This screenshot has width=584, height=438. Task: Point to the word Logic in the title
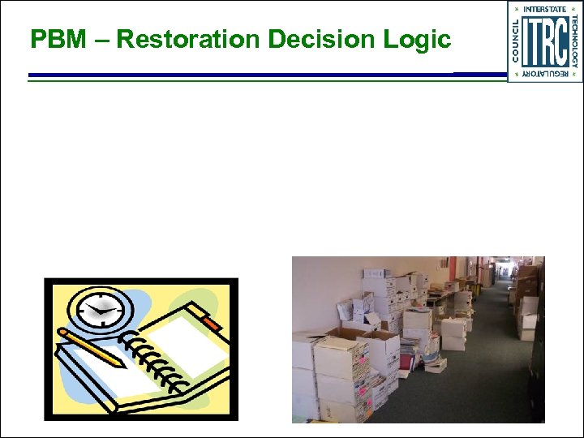420,39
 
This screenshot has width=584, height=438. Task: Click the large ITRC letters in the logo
544,42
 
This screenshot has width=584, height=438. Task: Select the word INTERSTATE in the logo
545,9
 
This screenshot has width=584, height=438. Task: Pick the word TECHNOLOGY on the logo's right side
575,42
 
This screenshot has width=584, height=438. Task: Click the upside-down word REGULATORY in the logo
545,75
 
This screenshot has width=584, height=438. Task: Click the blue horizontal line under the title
243,75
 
